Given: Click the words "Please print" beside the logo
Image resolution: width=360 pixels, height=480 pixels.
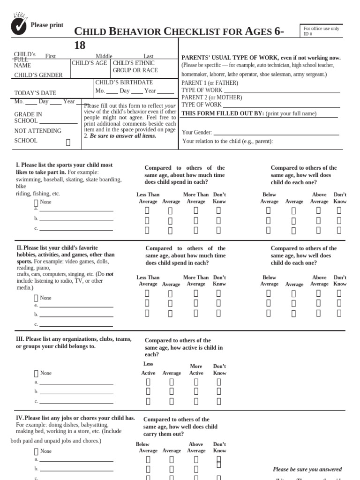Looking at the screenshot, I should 47,25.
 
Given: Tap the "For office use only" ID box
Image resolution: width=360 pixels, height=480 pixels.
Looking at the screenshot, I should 321,31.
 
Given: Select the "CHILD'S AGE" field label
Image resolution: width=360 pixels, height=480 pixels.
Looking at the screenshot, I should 89,63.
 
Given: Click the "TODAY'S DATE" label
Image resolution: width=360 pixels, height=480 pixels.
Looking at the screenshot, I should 35,93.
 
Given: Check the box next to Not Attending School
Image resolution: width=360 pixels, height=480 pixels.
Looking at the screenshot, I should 68,142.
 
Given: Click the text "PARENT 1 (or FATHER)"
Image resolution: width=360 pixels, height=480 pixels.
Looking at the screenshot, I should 210,83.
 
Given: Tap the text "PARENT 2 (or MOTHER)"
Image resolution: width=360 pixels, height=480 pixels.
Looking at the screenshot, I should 211,97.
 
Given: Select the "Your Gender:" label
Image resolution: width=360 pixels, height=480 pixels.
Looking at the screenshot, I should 197,133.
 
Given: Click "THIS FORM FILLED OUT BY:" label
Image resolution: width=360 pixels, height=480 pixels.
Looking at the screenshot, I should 222,113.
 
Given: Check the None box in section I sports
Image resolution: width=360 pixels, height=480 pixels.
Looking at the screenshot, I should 36,202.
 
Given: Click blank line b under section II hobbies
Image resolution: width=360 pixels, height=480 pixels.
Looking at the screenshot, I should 76,315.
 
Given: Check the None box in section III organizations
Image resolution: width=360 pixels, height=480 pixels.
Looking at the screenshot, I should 36,374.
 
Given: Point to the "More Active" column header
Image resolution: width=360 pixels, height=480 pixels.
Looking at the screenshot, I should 196,369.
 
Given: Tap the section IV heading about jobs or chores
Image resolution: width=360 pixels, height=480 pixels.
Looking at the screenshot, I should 75,418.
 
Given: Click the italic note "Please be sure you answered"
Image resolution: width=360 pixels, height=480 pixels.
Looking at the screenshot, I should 307,469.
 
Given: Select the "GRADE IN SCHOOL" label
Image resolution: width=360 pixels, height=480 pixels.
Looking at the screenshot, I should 28,117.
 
